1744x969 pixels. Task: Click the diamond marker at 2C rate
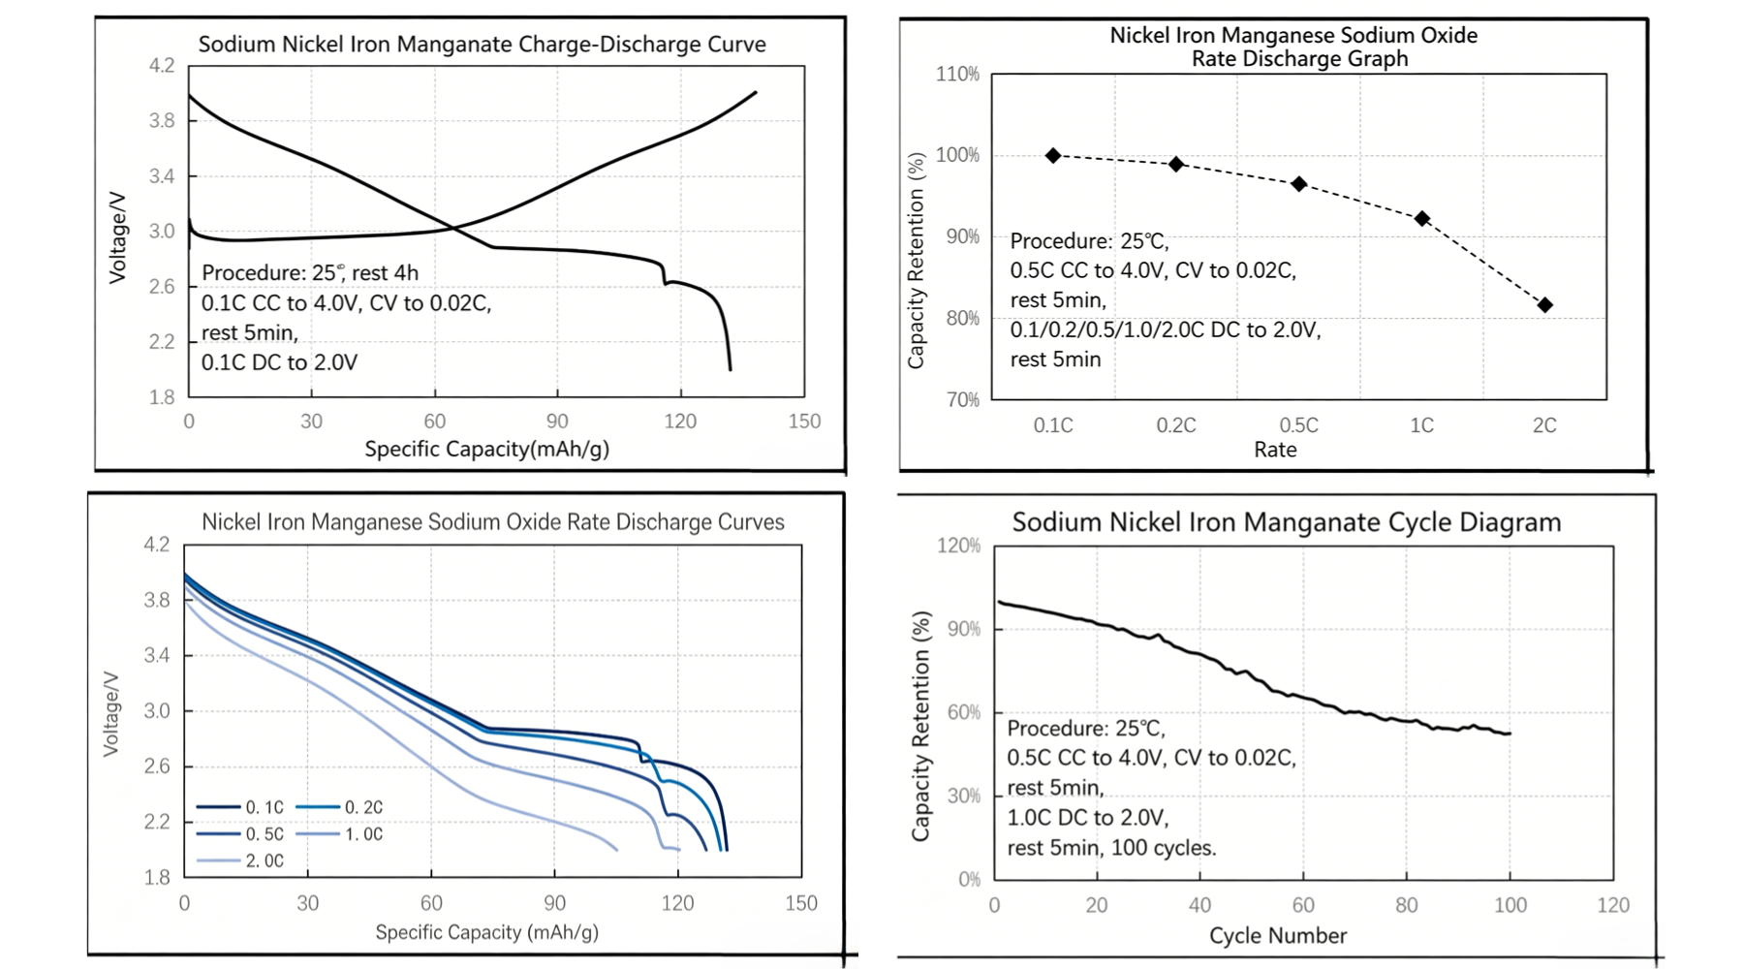pyautogui.click(x=1545, y=305)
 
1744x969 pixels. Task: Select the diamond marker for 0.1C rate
pyautogui.click(x=1053, y=156)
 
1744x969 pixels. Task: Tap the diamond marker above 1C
pyautogui.click(x=1422, y=219)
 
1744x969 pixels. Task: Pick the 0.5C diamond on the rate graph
pyautogui.click(x=1299, y=184)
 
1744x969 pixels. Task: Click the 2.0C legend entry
pyautogui.click(x=241, y=860)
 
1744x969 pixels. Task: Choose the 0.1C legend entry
pyautogui.click(x=241, y=807)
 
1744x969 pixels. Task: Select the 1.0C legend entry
pyautogui.click(x=340, y=833)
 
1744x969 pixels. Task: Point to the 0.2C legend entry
pyautogui.click(x=340, y=807)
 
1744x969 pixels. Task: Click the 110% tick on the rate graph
pyautogui.click(x=957, y=75)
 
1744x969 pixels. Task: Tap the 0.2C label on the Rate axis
pyautogui.click(x=1176, y=425)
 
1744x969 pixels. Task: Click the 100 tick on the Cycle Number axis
pyautogui.click(x=1510, y=905)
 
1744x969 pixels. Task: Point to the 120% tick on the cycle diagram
pyautogui.click(x=959, y=546)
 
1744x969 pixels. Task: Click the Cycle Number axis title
pyautogui.click(x=1278, y=936)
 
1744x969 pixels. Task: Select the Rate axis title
pyautogui.click(x=1275, y=450)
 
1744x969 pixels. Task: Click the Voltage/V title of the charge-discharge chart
pyautogui.click(x=117, y=237)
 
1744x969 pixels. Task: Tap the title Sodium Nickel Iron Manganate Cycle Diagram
pyautogui.click(x=1287, y=522)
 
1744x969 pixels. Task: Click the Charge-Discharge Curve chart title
pyautogui.click(x=483, y=45)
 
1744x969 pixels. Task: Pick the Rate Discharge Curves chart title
pyautogui.click(x=493, y=522)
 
